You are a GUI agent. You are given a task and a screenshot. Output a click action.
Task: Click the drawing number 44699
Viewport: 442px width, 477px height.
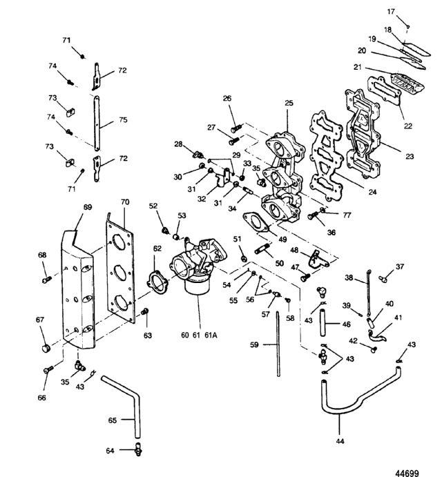click(x=407, y=473)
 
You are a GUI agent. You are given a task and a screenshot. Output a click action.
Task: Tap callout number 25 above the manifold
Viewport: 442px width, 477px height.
click(x=289, y=103)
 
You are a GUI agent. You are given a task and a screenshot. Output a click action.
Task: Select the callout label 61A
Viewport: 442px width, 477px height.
click(x=211, y=335)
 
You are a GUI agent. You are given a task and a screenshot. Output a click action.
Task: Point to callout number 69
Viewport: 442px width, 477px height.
click(x=88, y=207)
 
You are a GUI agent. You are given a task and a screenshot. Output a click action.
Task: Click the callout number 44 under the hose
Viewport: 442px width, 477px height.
click(x=340, y=441)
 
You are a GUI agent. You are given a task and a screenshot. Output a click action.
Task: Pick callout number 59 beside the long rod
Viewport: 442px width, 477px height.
click(x=254, y=344)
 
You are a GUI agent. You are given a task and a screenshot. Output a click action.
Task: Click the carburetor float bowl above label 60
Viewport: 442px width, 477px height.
click(x=198, y=286)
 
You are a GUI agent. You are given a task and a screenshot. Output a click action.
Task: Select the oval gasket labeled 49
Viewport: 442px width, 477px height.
click(x=256, y=223)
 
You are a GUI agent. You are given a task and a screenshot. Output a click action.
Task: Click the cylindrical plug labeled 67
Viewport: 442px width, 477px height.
click(x=46, y=348)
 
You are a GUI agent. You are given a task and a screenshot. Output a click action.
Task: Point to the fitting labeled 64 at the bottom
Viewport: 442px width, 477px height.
click(x=139, y=449)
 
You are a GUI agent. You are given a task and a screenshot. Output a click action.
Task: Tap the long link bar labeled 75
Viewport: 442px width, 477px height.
click(x=97, y=123)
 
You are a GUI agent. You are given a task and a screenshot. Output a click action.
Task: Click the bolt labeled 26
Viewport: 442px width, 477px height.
click(x=236, y=128)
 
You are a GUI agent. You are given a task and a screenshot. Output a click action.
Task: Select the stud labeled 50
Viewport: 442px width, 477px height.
click(x=262, y=249)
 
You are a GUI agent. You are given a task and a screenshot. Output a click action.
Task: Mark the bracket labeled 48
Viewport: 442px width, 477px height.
click(x=318, y=260)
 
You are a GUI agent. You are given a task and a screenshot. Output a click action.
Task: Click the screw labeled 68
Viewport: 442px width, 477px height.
click(x=46, y=279)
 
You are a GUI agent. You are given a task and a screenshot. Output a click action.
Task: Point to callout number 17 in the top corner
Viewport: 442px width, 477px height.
click(x=391, y=12)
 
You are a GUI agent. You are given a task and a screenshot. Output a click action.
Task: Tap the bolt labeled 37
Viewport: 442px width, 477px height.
click(x=383, y=278)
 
